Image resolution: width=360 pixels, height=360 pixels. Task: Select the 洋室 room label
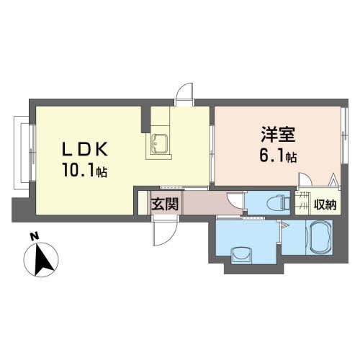pyautogui.click(x=274, y=135)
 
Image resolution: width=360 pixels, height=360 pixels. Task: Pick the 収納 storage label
pyautogui.click(x=325, y=204)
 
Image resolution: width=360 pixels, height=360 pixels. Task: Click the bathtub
pyautogui.click(x=318, y=238)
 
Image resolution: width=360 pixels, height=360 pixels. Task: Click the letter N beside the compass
pyautogui.click(x=34, y=235)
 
